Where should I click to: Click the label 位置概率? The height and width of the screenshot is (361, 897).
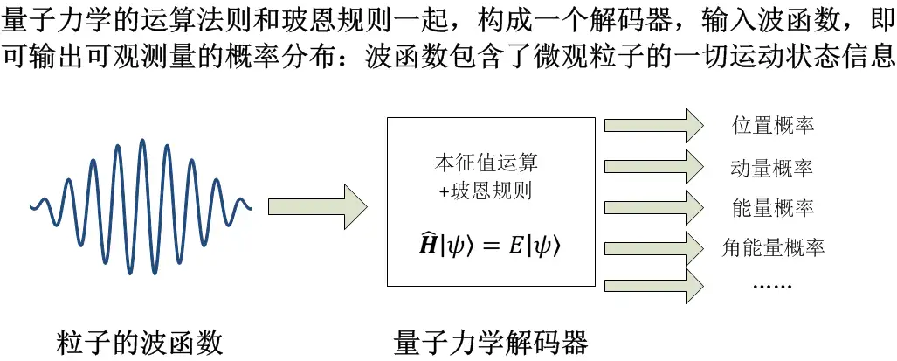[x=772, y=125]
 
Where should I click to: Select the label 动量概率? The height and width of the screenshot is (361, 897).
[x=772, y=167]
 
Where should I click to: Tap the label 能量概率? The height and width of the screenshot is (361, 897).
[x=772, y=208]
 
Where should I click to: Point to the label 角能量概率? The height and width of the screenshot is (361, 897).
[x=774, y=248]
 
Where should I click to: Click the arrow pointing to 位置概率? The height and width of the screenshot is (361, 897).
[x=653, y=125]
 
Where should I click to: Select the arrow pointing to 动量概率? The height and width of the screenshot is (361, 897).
[x=653, y=166]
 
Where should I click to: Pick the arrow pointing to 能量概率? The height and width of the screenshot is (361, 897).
[x=653, y=207]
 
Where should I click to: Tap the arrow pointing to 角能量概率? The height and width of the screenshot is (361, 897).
[x=653, y=248]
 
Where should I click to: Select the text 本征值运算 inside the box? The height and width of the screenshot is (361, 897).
[x=486, y=163]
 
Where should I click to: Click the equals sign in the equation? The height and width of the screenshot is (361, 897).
[x=488, y=246]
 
